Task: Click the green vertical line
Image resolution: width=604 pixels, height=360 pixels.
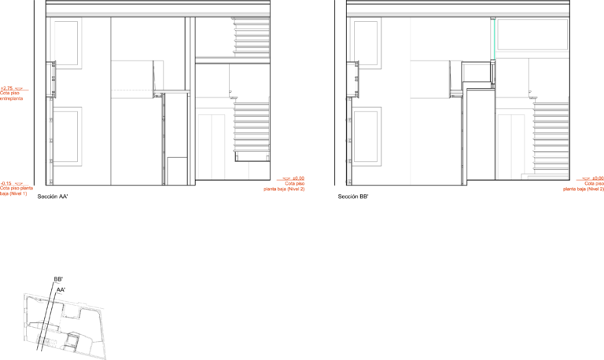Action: pos(494,39)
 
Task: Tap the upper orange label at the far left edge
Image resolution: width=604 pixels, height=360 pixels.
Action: pos(12,93)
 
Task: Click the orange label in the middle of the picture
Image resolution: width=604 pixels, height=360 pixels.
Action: pos(287,184)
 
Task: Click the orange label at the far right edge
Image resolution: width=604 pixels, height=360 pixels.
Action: pos(587,184)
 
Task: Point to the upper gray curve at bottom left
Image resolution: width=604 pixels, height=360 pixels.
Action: pos(43,302)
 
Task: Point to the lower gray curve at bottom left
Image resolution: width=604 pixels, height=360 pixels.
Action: pos(46,321)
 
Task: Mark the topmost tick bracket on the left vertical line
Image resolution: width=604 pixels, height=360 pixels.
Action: pos(50,99)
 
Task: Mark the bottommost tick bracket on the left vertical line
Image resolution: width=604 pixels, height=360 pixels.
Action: pos(50,182)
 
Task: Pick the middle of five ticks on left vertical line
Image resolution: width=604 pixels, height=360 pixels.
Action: pos(50,141)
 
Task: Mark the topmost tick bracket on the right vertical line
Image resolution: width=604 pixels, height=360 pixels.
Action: pos(348,99)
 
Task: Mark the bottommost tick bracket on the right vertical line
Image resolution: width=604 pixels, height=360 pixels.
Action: pos(348,182)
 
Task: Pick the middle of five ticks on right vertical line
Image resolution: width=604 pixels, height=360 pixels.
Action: pos(348,141)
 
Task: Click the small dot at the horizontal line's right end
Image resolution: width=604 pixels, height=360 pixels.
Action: pos(155,91)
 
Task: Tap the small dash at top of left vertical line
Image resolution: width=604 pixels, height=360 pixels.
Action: pos(50,64)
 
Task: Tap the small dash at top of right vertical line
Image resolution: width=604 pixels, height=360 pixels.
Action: pos(353,64)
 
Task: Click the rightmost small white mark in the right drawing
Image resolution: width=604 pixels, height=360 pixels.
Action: pos(464,94)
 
